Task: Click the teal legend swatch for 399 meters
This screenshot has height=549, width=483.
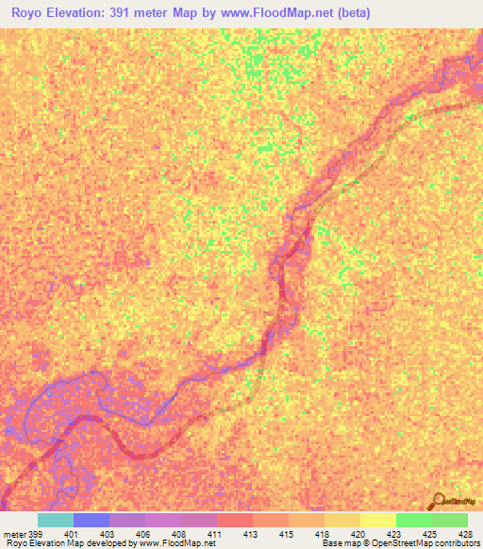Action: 56,520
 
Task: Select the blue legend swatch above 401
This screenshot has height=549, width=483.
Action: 92,520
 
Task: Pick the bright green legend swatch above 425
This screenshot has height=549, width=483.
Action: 413,520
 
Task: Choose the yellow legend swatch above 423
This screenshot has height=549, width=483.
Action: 377,520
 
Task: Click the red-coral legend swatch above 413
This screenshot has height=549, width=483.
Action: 235,520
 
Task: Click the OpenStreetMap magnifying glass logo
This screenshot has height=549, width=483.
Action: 438,500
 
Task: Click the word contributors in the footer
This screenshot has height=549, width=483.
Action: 456,543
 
